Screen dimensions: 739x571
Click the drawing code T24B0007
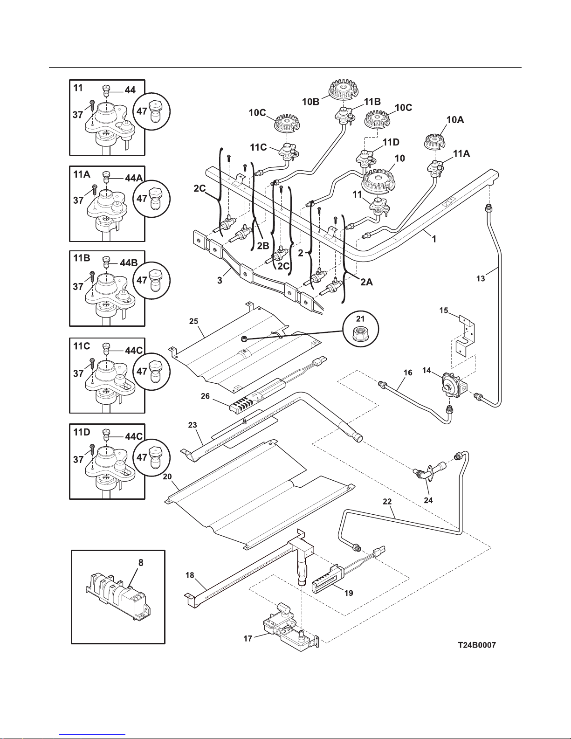click(x=477, y=645)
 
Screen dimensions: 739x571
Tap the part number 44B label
click(x=128, y=263)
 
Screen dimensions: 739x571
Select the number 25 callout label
click(x=194, y=321)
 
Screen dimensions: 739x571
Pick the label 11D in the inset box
click(x=82, y=432)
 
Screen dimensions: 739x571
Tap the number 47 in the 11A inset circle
click(x=142, y=198)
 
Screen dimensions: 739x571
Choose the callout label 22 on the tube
click(x=387, y=502)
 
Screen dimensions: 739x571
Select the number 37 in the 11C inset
click(x=78, y=374)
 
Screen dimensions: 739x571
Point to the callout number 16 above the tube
click(x=408, y=373)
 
